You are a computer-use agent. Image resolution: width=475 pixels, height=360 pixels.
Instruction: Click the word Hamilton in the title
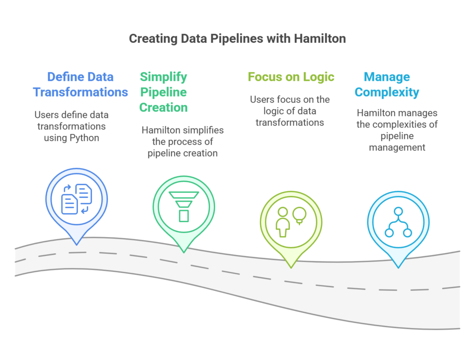[x=320, y=38]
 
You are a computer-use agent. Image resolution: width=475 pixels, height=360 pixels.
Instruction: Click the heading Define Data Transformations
[x=80, y=84]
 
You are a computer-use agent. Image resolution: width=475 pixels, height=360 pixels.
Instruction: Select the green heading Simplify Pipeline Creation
[x=164, y=92]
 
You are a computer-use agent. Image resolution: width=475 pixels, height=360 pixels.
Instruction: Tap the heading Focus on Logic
[x=291, y=77]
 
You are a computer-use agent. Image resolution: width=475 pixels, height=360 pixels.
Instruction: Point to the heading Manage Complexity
[x=387, y=84]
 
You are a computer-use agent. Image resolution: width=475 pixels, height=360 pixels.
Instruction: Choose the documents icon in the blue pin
[x=77, y=199]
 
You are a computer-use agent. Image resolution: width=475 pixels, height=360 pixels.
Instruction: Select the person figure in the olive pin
[x=282, y=221]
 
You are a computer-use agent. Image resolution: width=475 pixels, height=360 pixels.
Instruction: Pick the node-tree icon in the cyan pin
[x=398, y=222]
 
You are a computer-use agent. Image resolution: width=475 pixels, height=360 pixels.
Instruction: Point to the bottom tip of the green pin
[x=184, y=252]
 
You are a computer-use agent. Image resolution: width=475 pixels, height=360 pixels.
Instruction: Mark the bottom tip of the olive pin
[x=291, y=267]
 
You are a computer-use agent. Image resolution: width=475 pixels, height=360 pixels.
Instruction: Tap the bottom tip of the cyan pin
[x=398, y=267]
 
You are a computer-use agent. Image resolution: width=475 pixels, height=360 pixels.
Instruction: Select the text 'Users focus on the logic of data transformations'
[x=290, y=111]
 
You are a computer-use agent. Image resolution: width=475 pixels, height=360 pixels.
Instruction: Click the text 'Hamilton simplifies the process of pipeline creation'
[x=182, y=141]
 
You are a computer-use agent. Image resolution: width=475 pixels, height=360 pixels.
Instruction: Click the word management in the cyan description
[x=397, y=148]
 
